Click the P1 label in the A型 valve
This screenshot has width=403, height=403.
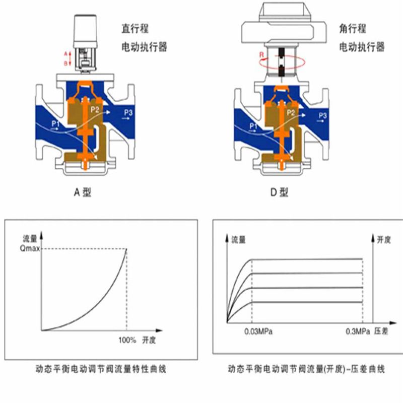(55, 123)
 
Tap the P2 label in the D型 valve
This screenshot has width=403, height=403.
(291, 112)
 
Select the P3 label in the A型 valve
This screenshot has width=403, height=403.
(128, 112)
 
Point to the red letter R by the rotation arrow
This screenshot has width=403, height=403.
(261, 55)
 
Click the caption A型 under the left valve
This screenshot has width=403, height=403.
(82, 192)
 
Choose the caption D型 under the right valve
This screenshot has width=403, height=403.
(279, 192)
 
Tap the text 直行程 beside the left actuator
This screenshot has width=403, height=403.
(135, 28)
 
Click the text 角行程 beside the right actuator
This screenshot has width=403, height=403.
(352, 28)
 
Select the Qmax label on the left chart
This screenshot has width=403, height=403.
(30, 249)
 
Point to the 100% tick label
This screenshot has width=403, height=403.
(127, 341)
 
